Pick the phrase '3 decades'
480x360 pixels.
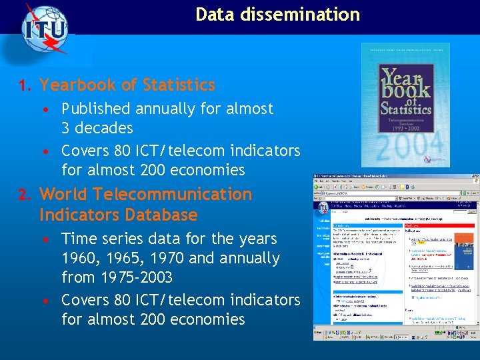97,128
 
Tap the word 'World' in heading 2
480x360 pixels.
64,195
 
